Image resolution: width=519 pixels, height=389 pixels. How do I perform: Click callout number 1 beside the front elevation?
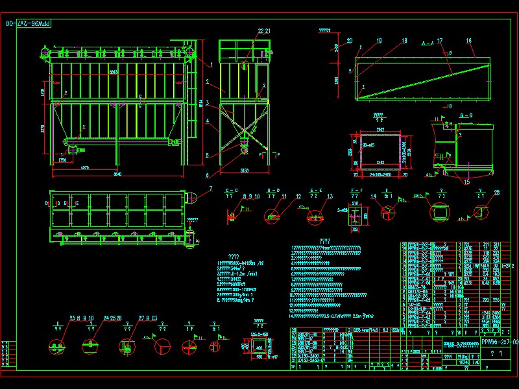(211, 64)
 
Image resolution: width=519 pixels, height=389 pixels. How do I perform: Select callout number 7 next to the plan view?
(211, 188)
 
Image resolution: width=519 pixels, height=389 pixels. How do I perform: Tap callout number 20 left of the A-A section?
(350, 41)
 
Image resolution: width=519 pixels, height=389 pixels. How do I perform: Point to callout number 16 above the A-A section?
(468, 41)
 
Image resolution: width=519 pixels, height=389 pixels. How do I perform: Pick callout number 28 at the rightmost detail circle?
(497, 193)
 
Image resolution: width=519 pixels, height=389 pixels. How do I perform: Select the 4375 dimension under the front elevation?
(84, 167)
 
